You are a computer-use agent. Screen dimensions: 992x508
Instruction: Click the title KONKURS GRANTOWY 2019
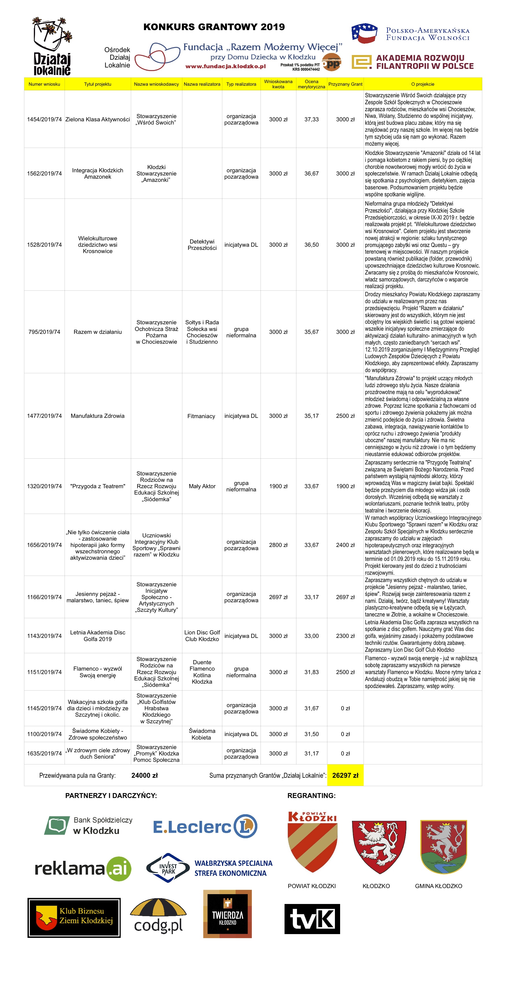[x=214, y=27]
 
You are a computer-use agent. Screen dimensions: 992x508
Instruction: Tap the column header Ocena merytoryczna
[x=311, y=84]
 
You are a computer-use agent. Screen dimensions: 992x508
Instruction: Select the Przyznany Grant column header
[x=345, y=84]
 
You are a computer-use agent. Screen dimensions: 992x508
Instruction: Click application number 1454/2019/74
[x=44, y=119]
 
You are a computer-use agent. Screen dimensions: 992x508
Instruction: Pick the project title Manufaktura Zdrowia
[x=98, y=416]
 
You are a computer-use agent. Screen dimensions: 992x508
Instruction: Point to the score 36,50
[x=311, y=245]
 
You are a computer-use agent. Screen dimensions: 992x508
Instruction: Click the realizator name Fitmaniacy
[x=201, y=416]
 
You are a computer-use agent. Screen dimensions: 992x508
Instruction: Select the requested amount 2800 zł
[x=278, y=545]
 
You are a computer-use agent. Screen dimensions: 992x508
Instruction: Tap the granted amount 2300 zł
[x=345, y=636]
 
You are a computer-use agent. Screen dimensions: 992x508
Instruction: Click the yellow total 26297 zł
[x=345, y=775]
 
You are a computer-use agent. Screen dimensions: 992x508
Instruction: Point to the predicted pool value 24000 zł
[x=145, y=775]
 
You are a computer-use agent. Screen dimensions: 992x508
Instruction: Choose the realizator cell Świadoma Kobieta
[x=202, y=734]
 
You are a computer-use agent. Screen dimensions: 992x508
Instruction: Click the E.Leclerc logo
[x=205, y=826]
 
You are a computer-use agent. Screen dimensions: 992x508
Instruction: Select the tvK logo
[x=312, y=919]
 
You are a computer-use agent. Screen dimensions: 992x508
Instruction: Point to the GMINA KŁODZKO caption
[x=438, y=886]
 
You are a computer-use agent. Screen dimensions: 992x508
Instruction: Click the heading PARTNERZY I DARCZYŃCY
[x=111, y=796]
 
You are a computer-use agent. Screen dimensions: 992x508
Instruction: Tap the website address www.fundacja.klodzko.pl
[x=225, y=66]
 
